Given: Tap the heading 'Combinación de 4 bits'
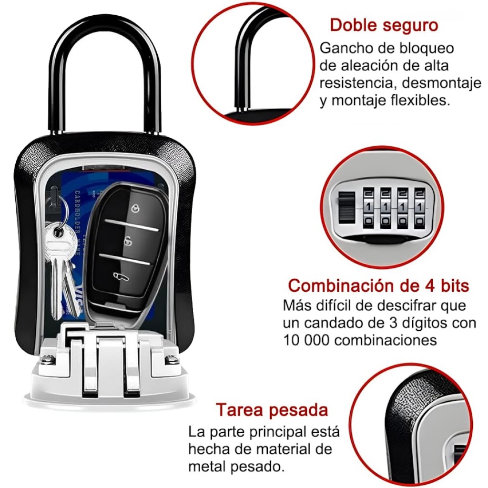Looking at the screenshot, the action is (378, 285).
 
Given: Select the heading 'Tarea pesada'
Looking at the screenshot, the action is (272, 410).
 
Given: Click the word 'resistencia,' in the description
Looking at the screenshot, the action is (358, 83).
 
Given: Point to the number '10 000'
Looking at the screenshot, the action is (306, 340).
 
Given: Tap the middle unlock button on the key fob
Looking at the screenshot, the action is (127, 240).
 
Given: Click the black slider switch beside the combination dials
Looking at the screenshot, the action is (346, 207).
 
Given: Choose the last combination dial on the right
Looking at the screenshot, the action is (419, 207).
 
